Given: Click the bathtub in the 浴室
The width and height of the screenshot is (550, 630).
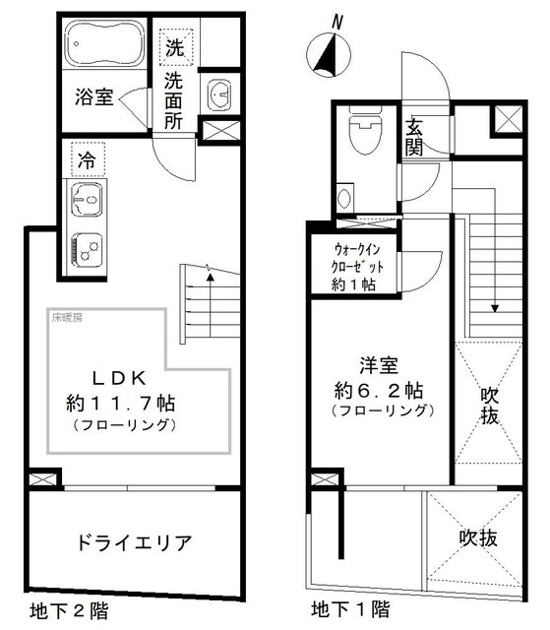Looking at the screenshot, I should (103, 45).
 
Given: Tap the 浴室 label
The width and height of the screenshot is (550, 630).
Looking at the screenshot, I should (94, 97).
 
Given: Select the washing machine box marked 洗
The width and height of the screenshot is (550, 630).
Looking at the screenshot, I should (174, 46).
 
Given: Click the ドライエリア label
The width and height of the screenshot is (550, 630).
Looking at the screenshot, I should (133, 541).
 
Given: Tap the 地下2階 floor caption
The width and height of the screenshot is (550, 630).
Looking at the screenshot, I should (67, 610).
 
